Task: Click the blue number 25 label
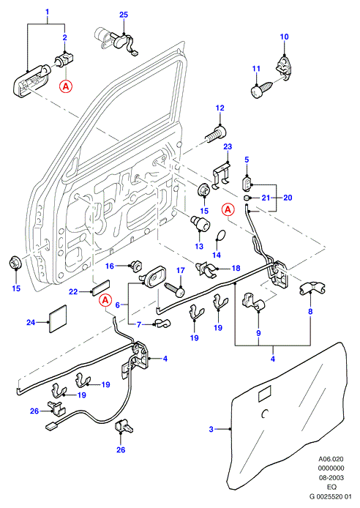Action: (x=124, y=15)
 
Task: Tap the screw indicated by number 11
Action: (x=261, y=89)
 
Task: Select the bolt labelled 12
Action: (x=216, y=134)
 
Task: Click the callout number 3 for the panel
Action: (x=211, y=429)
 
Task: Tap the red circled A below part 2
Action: (x=65, y=86)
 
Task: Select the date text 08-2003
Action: (x=331, y=477)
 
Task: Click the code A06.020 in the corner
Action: (x=331, y=459)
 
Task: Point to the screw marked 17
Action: (x=175, y=289)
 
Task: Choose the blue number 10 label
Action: (x=284, y=37)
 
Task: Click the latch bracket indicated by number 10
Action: (x=283, y=68)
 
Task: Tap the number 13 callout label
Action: (x=199, y=246)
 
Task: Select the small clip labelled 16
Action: (x=135, y=266)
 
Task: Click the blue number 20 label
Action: (x=288, y=198)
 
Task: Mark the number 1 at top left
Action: (x=47, y=12)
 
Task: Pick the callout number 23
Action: (x=228, y=146)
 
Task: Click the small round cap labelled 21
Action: (x=247, y=198)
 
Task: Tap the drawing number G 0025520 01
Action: (x=331, y=496)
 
